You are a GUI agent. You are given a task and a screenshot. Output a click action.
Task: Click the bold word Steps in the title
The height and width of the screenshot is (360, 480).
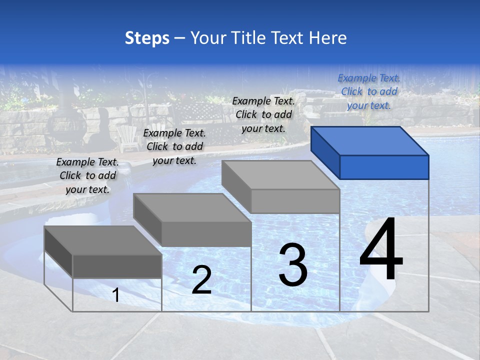(x=147, y=38)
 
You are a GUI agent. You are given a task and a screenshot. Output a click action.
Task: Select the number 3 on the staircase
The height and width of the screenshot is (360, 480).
(x=293, y=265)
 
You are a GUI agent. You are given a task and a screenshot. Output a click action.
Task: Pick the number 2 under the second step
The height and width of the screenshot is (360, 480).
(x=201, y=280)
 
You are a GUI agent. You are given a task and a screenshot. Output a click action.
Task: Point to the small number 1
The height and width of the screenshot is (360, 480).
(x=116, y=295)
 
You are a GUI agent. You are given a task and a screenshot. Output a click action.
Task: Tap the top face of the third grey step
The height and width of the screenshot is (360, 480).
(x=280, y=175)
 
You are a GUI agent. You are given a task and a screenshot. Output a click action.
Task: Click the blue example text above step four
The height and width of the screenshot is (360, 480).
(x=369, y=91)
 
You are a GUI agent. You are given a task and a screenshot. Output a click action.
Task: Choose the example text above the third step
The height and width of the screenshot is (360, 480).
(x=263, y=114)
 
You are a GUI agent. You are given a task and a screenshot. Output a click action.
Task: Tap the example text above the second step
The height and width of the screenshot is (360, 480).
(x=174, y=146)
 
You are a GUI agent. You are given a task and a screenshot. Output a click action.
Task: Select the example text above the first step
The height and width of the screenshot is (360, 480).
(x=87, y=175)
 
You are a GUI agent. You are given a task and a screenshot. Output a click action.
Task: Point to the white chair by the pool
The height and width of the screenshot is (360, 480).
(x=127, y=138)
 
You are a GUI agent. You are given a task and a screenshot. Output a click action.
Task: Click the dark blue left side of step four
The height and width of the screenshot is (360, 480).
(x=325, y=152)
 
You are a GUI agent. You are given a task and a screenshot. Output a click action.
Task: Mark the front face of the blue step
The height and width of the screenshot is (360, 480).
(x=384, y=167)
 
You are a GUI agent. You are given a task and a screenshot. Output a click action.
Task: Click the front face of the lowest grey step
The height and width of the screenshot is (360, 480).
(x=117, y=266)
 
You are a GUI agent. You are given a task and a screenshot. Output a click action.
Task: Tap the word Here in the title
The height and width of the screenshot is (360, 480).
(x=327, y=38)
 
